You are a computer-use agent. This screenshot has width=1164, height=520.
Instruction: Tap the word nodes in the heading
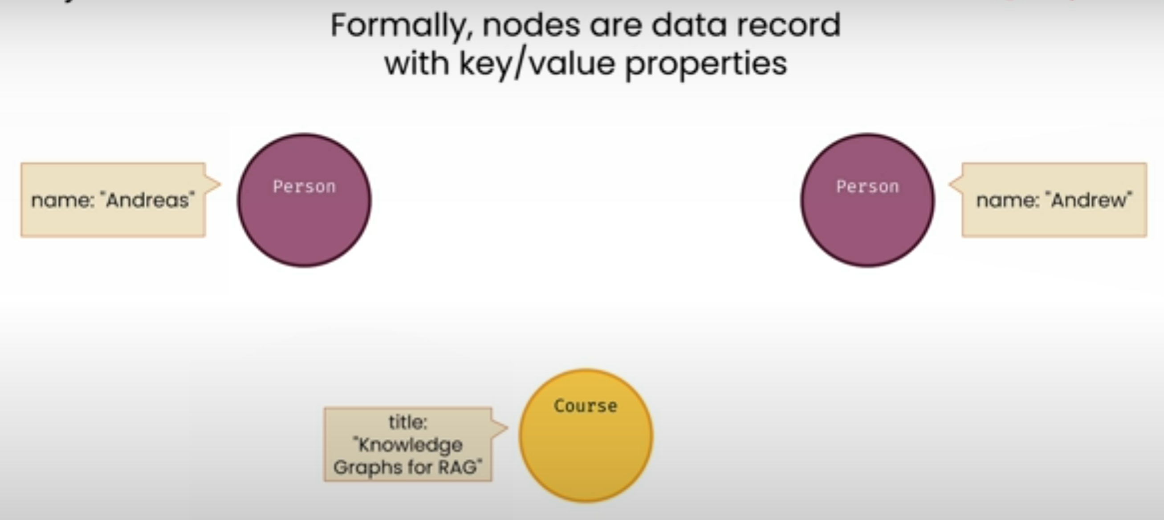pos(531,25)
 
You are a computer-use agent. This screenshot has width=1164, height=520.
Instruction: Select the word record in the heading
pos(789,25)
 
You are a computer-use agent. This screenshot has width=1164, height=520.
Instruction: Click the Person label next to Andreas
pos(304,186)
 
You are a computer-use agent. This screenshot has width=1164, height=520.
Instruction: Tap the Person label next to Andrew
pos(867,186)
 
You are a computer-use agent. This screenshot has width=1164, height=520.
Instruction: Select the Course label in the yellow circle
pos(586,406)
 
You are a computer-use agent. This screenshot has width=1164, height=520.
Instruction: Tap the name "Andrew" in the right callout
pos(1091,200)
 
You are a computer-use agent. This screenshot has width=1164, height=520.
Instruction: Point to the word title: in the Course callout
pos(407,423)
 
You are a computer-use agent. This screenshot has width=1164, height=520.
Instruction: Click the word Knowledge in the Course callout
pos(407,445)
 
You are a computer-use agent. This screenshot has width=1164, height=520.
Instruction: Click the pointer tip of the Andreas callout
pos(221,184)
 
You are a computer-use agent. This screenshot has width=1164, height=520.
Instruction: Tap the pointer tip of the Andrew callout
pos(948,184)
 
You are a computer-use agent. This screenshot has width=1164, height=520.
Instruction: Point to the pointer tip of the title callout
pos(508,427)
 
